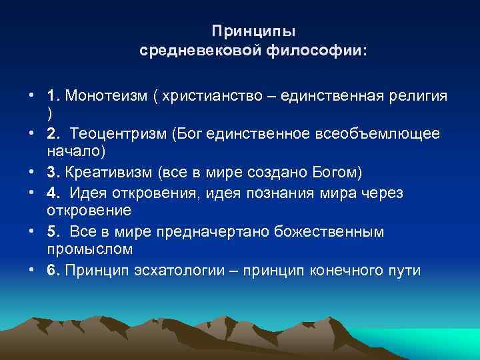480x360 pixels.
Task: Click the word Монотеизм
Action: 105,96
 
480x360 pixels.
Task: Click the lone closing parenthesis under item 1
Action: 50,113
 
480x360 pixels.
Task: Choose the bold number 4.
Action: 53,192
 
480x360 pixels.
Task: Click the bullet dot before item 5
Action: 32,231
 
